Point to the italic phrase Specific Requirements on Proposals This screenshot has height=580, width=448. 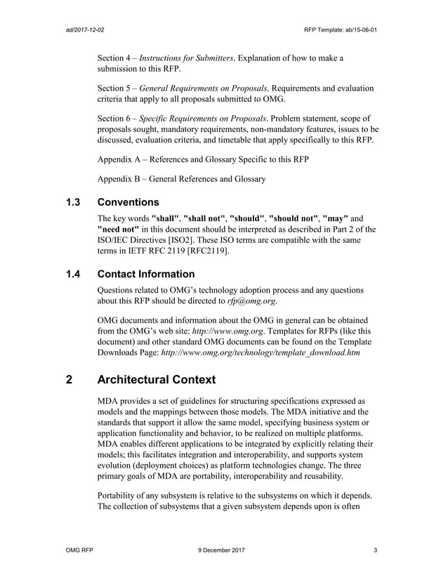tap(202, 117)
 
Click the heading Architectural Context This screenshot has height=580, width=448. tap(157, 380)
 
